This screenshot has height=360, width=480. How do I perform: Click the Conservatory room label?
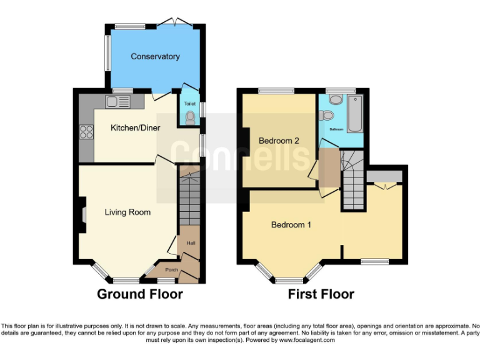point(155,57)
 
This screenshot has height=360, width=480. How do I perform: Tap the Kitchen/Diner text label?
point(135,128)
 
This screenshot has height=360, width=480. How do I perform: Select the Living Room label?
point(127,212)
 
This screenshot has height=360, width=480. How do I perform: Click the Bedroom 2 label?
point(278,141)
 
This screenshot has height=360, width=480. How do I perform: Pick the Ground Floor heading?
point(140,294)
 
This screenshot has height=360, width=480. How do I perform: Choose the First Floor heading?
point(321,294)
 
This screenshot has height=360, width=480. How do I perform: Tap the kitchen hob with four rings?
point(85,132)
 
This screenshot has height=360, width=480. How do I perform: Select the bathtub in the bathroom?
point(355,114)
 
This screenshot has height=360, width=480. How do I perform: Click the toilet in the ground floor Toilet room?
point(190,116)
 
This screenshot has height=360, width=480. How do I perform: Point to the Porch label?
point(171,270)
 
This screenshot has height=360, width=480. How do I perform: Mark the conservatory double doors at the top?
point(174,24)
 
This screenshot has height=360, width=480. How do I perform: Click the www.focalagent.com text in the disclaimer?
point(306,341)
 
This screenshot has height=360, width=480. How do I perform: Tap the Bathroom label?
point(337,129)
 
